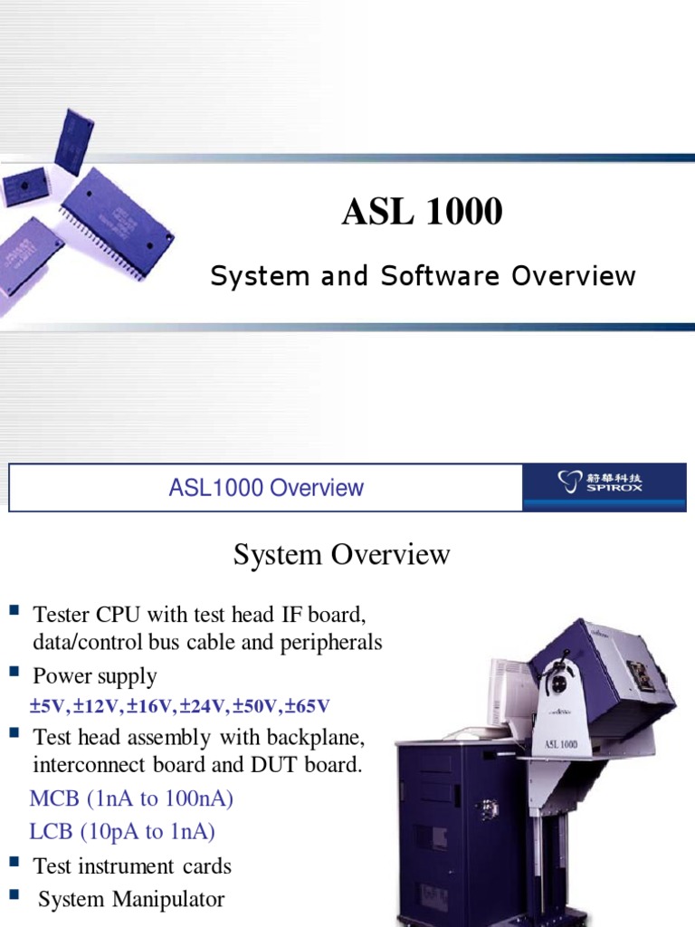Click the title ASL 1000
tap(421, 212)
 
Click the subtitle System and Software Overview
tap(423, 275)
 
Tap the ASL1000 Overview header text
tap(266, 488)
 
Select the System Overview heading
tap(341, 554)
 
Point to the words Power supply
tap(95, 676)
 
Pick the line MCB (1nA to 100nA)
tap(131, 799)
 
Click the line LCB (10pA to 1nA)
tap(122, 832)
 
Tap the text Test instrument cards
tap(132, 866)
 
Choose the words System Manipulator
tap(132, 899)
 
